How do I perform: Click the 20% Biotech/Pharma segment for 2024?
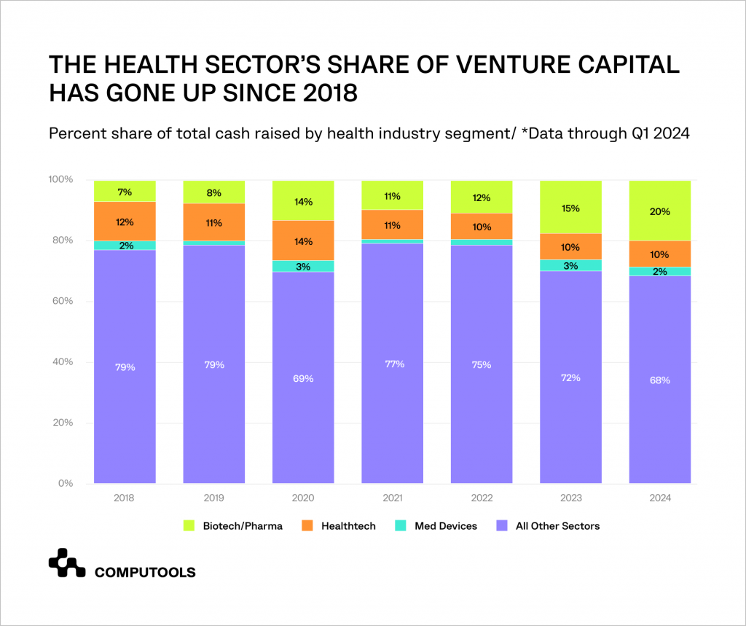pos(660,211)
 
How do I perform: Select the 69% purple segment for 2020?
pos(303,377)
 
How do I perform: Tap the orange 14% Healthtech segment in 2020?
pos(303,240)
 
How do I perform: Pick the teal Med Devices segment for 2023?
pos(570,265)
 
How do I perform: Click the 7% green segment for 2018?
pos(125,192)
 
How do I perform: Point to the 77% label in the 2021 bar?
pos(392,364)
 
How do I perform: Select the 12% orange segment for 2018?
pos(125,222)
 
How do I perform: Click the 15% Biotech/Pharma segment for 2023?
pos(570,208)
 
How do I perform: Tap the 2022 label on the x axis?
pos(482,498)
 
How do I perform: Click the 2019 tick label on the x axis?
pos(213,498)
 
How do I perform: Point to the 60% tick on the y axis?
pos(61,301)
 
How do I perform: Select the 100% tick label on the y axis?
pos(59,180)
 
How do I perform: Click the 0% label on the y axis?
pos(64,483)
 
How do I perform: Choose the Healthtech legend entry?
pos(339,525)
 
